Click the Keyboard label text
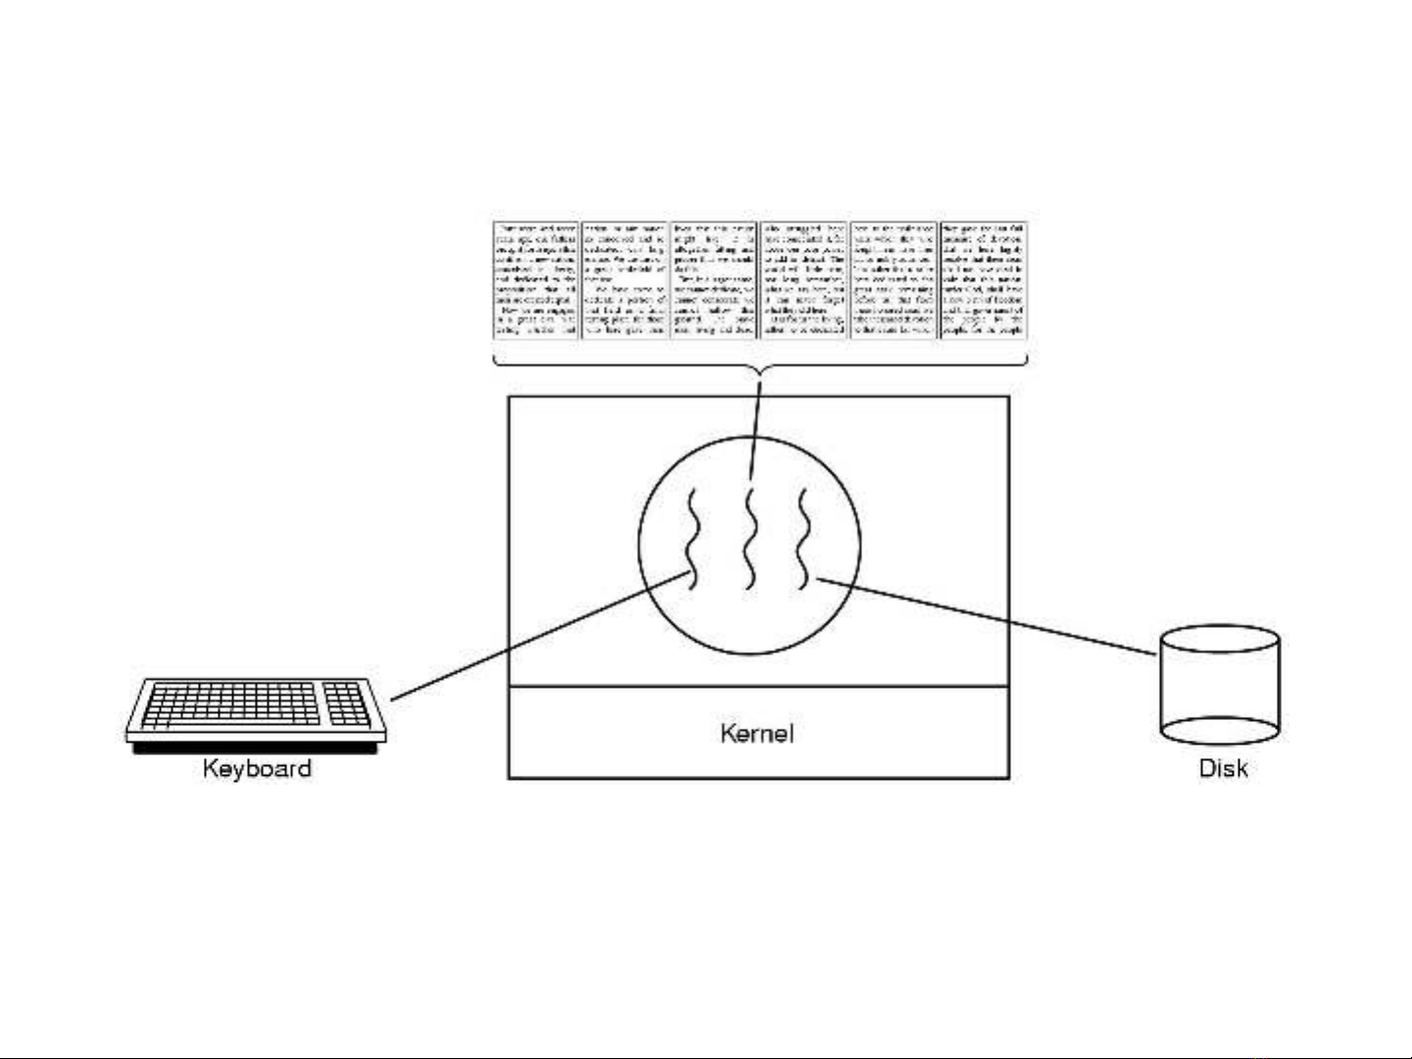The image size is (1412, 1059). pyautogui.click(x=257, y=768)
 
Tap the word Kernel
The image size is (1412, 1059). pyautogui.click(x=756, y=733)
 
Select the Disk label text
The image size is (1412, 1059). pyautogui.click(x=1223, y=768)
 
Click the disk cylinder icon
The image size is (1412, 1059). pyautogui.click(x=1220, y=686)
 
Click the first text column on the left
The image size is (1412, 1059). pyautogui.click(x=535, y=280)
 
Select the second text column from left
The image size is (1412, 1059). pyautogui.click(x=624, y=280)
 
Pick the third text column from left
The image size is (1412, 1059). pyautogui.click(x=714, y=280)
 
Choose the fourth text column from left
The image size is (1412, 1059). pyautogui.click(x=803, y=280)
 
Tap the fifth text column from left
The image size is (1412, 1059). pyautogui.click(x=894, y=280)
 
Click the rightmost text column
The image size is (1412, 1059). pyautogui.click(x=983, y=280)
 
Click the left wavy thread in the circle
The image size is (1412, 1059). pyautogui.click(x=690, y=538)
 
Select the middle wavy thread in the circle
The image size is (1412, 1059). pyautogui.click(x=750, y=538)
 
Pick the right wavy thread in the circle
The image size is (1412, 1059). pyautogui.click(x=803, y=538)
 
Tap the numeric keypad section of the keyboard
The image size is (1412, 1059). pyautogui.click(x=347, y=703)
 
